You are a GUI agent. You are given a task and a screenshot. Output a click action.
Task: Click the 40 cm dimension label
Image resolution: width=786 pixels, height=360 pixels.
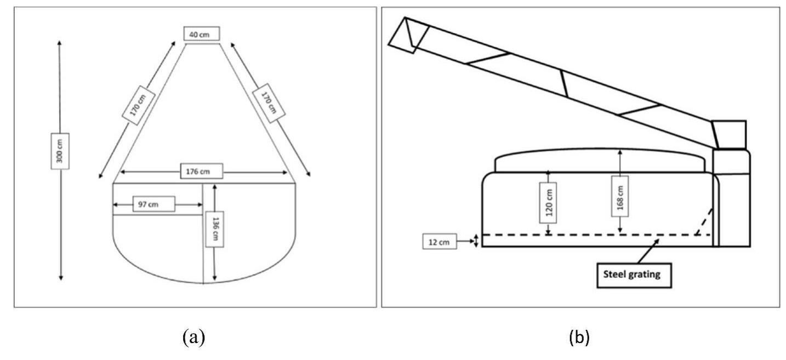(202, 34)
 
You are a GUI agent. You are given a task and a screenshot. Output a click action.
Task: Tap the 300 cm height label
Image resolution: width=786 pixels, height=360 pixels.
(60, 151)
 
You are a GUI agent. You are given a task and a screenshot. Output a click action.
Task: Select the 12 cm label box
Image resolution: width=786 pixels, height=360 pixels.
(439, 241)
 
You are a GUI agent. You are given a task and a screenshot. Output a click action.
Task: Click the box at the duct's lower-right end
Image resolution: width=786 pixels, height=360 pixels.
(730, 135)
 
